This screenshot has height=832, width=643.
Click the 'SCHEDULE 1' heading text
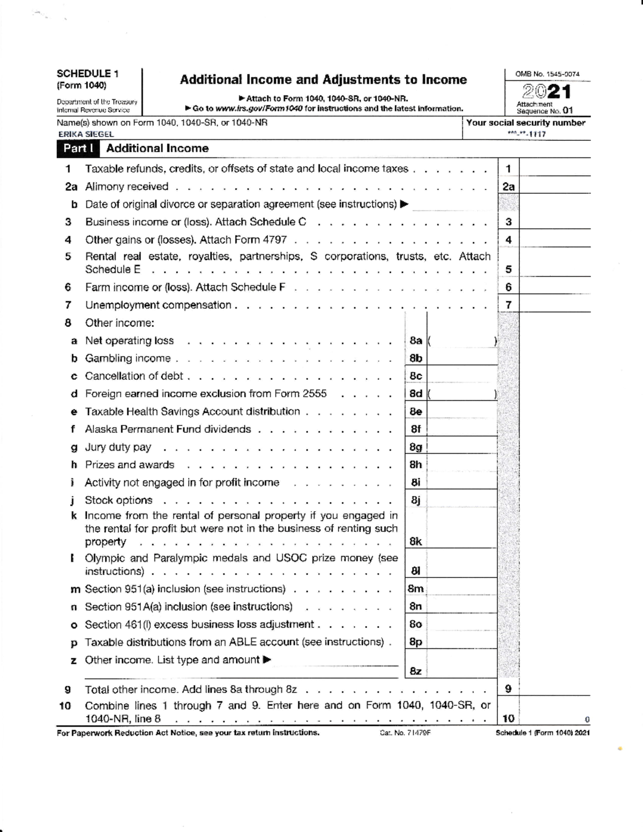[87, 74]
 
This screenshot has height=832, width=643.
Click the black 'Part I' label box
[78, 148]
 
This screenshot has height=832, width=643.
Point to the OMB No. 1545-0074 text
[547, 74]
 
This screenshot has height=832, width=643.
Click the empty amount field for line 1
[555, 169]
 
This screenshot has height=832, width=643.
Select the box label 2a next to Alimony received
[508, 186]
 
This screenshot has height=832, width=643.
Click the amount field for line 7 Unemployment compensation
[555, 305]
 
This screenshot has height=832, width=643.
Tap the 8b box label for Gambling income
[415, 358]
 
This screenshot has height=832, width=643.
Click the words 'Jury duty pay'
[118, 447]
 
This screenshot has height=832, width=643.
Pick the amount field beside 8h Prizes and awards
[462, 464]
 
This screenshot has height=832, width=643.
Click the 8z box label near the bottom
[415, 671]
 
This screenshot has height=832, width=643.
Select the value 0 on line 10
[587, 719]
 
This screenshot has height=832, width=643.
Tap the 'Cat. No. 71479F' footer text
[405, 733]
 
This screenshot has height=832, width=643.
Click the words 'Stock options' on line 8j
[118, 500]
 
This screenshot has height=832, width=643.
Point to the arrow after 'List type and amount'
[266, 659]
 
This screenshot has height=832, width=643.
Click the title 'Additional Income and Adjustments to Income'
[323, 80]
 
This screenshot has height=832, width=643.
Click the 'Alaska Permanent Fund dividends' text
[168, 429]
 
